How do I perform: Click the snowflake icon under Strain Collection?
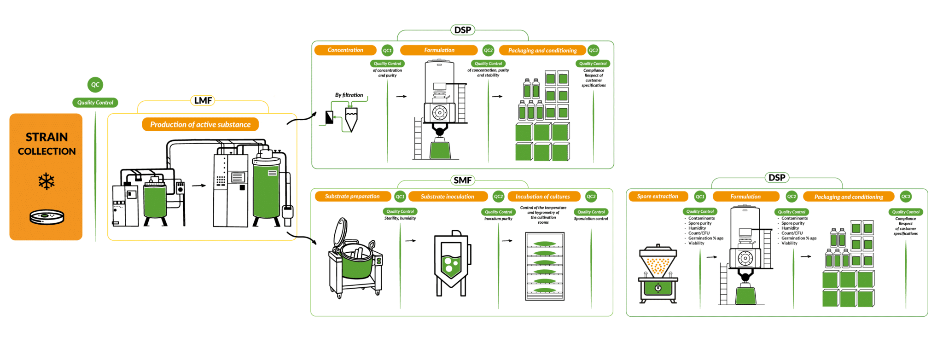click(x=47, y=181)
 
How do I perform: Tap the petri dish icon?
click(x=47, y=217)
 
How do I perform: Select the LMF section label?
click(x=203, y=100)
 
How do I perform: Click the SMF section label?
click(x=463, y=180)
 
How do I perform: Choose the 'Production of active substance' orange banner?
click(x=200, y=124)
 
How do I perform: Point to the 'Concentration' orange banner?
click(x=345, y=50)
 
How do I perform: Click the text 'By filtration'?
click(x=349, y=95)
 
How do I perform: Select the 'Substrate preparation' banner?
click(x=353, y=197)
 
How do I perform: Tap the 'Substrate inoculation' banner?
click(x=448, y=197)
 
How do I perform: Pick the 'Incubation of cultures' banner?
click(x=543, y=197)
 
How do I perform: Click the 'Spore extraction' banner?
click(x=658, y=197)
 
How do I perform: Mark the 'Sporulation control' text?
click(x=591, y=219)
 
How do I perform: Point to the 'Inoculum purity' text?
click(x=498, y=219)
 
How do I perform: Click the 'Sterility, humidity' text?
click(x=400, y=218)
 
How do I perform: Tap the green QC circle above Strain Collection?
click(x=95, y=85)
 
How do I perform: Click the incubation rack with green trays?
click(x=545, y=266)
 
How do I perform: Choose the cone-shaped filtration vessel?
click(x=351, y=120)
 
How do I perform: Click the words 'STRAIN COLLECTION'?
click(x=47, y=144)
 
